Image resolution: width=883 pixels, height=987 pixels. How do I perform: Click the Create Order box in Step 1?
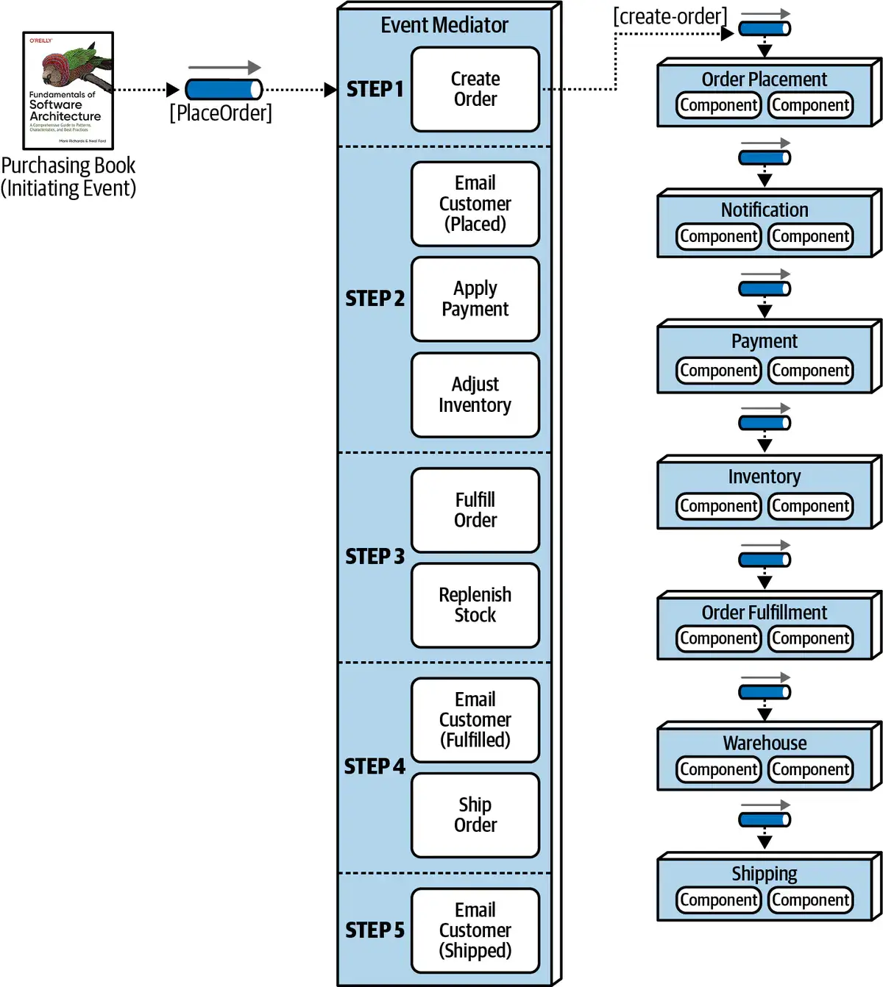coord(475,89)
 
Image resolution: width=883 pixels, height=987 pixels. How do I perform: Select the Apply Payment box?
coord(475,299)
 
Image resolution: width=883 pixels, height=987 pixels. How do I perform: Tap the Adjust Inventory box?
coord(475,395)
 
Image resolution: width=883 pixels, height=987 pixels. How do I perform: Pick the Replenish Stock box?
coord(475,605)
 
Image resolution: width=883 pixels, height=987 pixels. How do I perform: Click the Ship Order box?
coord(475,815)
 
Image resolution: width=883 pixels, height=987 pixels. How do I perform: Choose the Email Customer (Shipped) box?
coord(475,930)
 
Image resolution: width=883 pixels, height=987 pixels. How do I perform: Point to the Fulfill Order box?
coord(475,510)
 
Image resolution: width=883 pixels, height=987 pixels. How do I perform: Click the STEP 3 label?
coord(375,557)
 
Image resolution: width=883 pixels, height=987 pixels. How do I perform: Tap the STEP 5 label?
coord(375,930)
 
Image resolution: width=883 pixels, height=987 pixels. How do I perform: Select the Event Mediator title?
coord(444,25)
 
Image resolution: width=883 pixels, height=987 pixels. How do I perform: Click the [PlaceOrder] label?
coord(221,113)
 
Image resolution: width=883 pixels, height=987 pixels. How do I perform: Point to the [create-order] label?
coord(670,16)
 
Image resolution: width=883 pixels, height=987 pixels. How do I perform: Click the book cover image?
coord(68,90)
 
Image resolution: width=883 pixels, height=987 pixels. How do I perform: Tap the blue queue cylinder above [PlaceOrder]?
coord(224,90)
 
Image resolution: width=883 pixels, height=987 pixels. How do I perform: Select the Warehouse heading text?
coord(765,743)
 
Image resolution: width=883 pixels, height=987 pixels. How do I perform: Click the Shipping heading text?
coord(765,874)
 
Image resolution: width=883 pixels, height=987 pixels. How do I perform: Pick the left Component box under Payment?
coord(719,371)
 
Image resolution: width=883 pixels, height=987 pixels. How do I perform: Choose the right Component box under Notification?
coord(811,236)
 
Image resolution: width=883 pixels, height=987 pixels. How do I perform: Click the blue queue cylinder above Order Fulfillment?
coord(765,560)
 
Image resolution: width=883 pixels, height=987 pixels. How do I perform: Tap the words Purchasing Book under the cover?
coord(68,165)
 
